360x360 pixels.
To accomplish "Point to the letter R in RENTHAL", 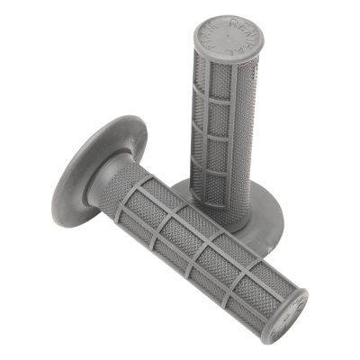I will (x=233, y=22).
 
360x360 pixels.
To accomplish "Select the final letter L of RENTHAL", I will (x=230, y=52).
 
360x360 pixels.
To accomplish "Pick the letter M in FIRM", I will (x=211, y=27).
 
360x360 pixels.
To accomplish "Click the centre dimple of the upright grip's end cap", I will (x=227, y=35).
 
